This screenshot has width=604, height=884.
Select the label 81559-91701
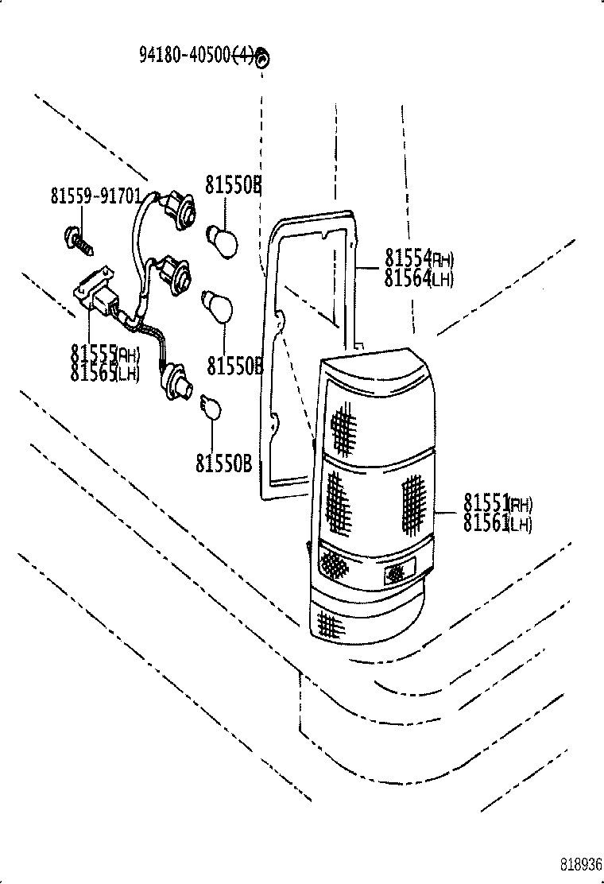point(96,196)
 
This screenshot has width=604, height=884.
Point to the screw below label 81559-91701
point(78,239)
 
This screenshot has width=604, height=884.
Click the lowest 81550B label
point(223,463)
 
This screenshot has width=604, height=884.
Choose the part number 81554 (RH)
point(419,258)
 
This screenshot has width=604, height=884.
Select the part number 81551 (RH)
point(498,503)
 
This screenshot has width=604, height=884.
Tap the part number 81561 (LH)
point(498,523)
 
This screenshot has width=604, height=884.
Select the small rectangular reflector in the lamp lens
point(399,570)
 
